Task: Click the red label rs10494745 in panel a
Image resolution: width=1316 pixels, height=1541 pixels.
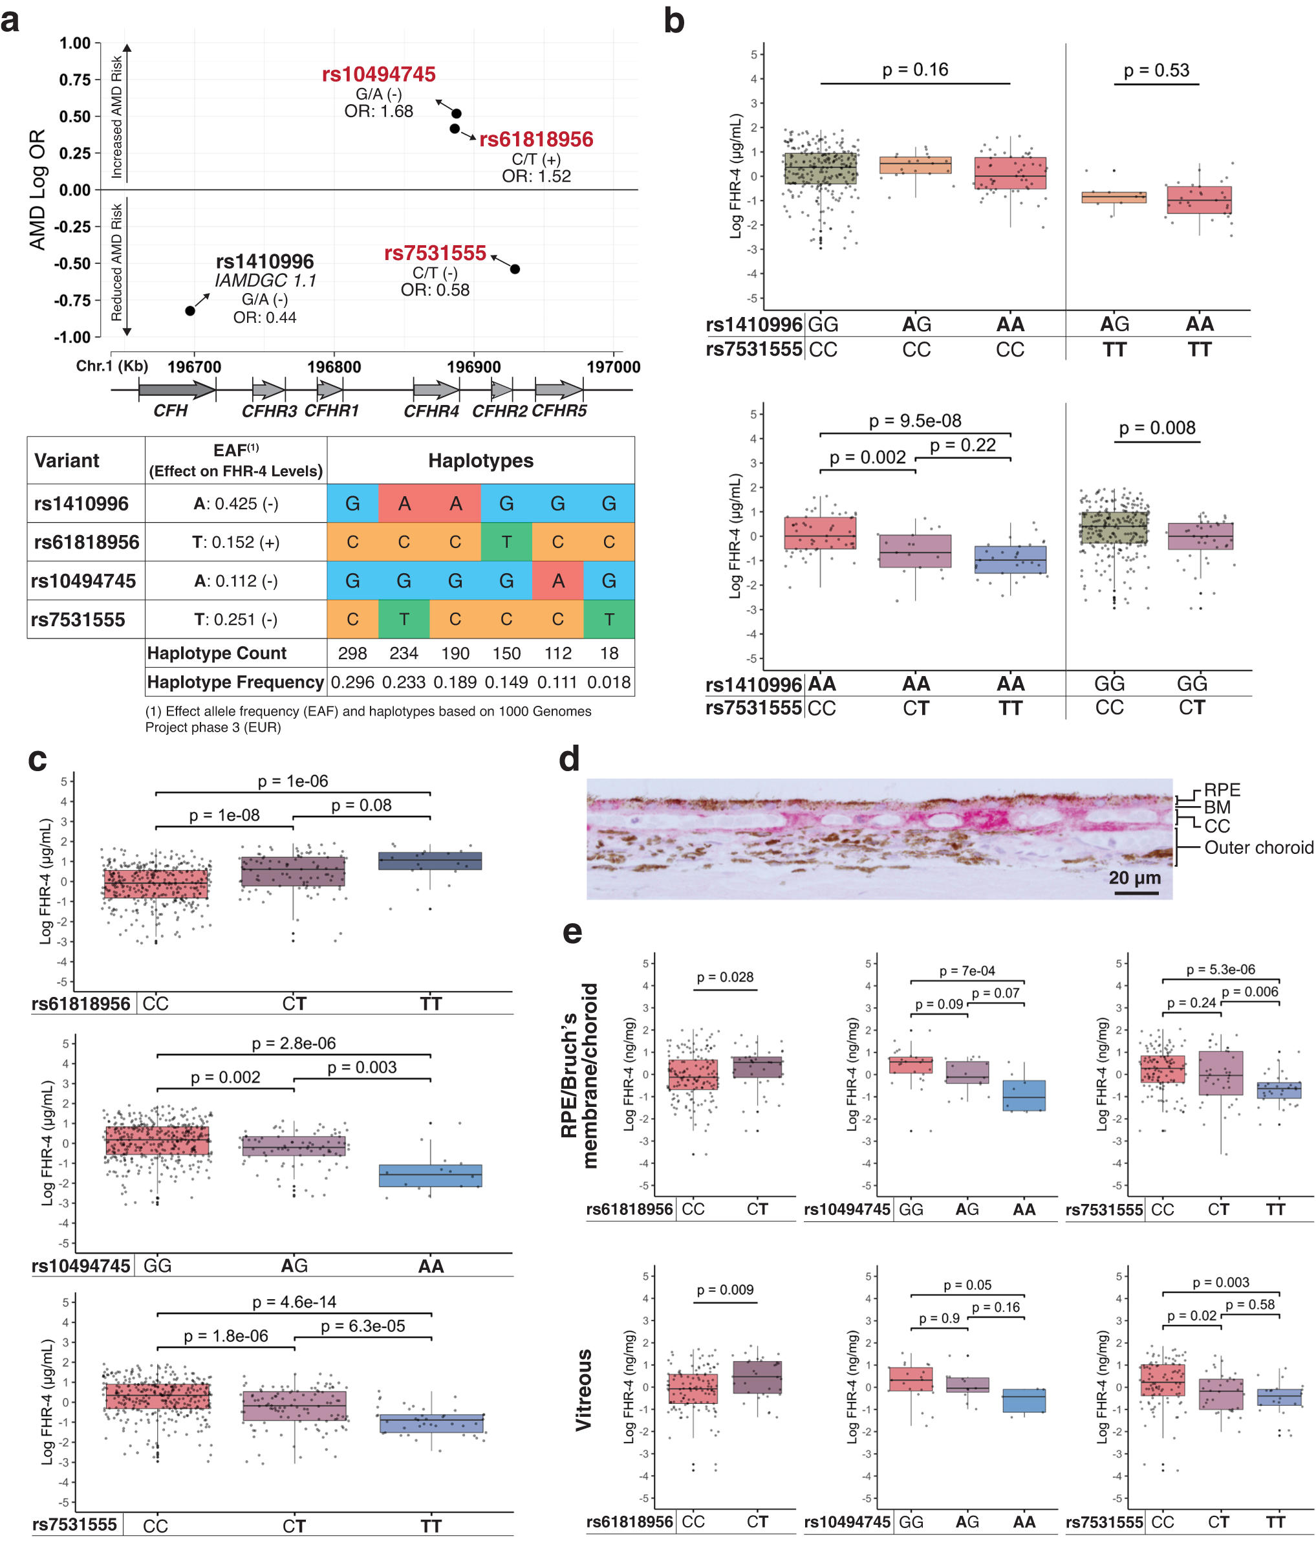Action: [378, 74]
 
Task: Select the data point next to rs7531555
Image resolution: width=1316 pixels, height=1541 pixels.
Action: [515, 269]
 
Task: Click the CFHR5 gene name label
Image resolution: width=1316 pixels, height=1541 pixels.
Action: [559, 411]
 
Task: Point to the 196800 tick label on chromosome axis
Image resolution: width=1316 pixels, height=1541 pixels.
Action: [334, 367]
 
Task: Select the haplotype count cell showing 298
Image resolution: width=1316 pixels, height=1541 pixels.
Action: [352, 653]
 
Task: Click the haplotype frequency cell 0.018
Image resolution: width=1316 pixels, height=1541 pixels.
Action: [609, 682]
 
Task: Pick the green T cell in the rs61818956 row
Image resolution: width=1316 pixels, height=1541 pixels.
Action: [506, 542]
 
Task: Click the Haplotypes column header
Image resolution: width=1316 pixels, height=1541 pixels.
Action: [480, 461]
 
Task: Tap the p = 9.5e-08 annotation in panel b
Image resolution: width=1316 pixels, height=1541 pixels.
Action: [915, 421]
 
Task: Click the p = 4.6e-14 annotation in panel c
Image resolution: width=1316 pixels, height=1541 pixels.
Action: [294, 1302]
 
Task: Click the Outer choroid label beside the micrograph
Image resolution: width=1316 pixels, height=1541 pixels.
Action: [1258, 848]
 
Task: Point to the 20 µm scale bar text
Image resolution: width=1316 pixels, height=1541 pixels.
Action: [1134, 878]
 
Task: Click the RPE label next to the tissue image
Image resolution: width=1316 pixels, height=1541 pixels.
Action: [1222, 790]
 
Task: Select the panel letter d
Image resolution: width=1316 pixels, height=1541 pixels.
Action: [570, 760]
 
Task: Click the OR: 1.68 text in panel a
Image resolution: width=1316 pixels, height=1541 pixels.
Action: [378, 111]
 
